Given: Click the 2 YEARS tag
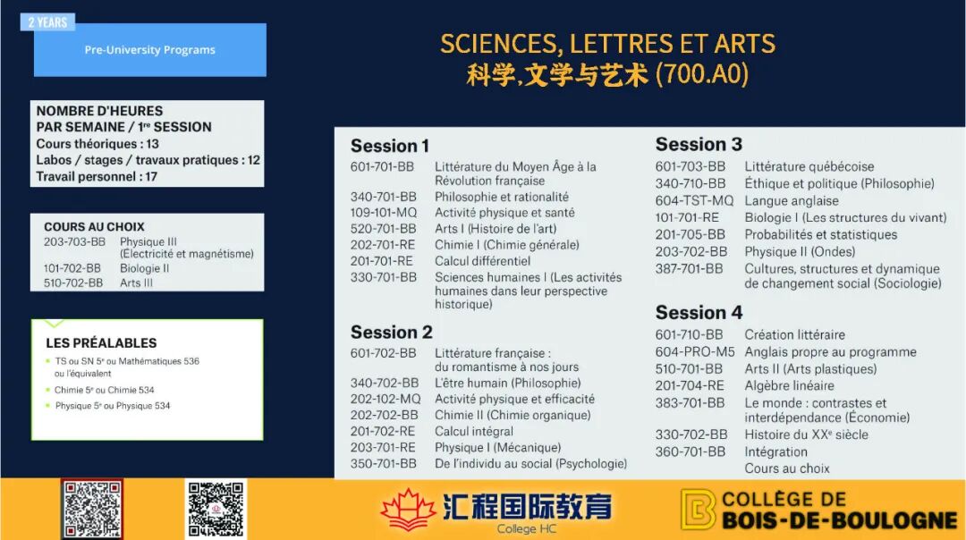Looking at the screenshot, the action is click(47, 22).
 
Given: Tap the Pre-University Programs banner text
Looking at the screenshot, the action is click(149, 50).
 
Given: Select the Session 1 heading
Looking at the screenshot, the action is click(389, 146).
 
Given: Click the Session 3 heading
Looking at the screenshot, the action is click(699, 144).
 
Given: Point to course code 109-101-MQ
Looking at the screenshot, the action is click(383, 213).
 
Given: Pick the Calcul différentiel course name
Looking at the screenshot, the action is click(482, 261).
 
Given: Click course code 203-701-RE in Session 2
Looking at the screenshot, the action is click(382, 448).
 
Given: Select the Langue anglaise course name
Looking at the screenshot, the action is click(791, 201).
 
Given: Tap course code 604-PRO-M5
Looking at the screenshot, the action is click(695, 352).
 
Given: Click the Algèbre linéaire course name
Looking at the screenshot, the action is click(789, 386).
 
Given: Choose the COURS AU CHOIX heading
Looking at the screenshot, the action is click(94, 226).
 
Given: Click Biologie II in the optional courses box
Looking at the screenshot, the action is click(144, 268).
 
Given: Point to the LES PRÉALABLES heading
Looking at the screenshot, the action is click(101, 343).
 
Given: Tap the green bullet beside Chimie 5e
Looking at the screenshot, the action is click(48, 390).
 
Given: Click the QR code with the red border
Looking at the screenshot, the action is click(92, 510).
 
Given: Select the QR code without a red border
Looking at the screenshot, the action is click(216, 510).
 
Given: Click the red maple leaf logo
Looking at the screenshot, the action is click(407, 510).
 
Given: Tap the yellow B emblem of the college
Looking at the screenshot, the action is click(698, 510).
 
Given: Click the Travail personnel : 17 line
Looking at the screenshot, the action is click(97, 177).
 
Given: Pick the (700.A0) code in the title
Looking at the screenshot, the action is click(702, 74).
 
